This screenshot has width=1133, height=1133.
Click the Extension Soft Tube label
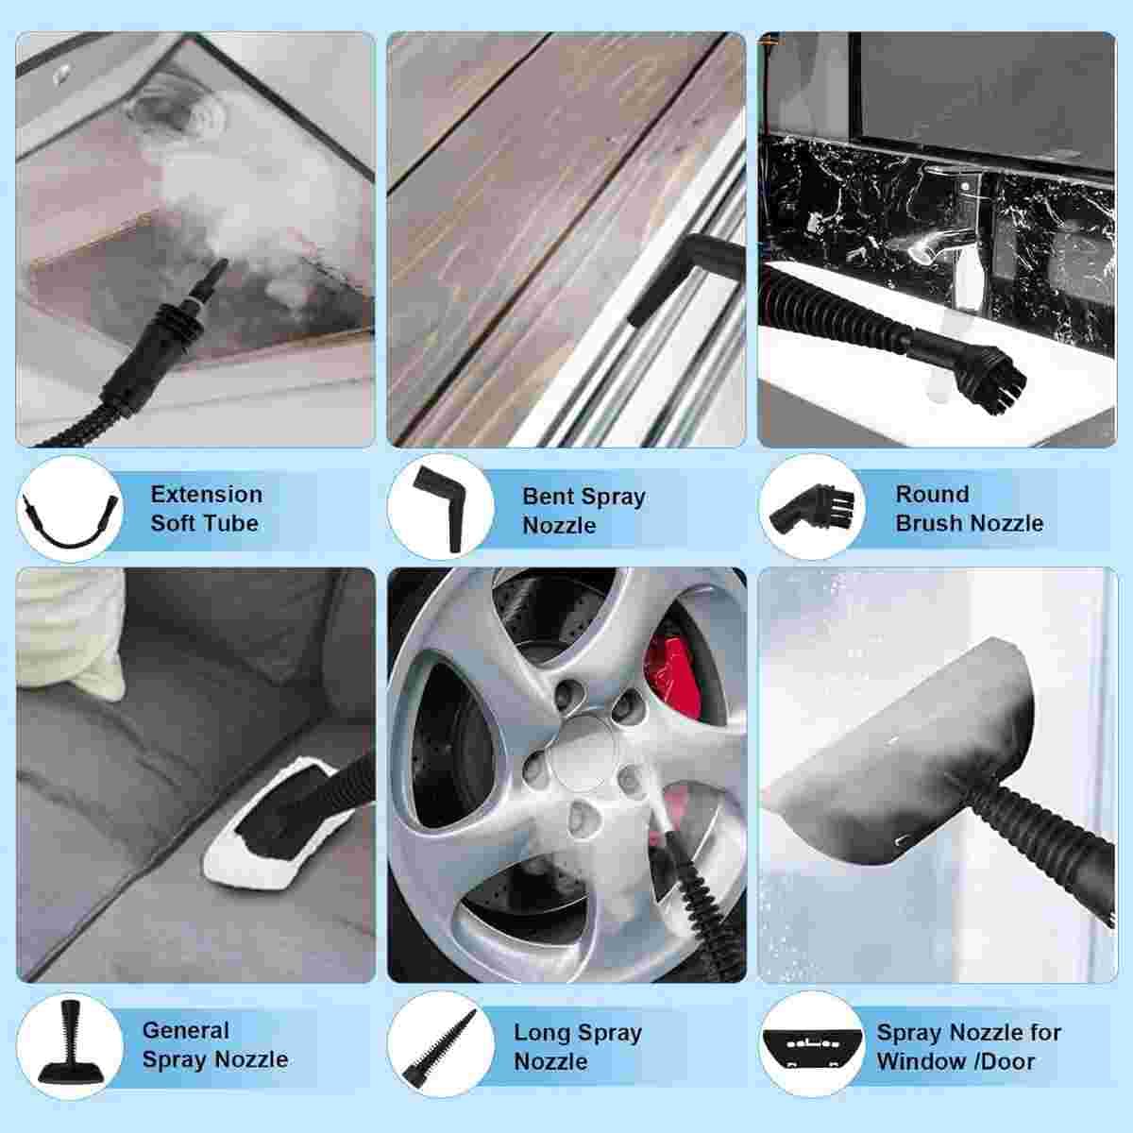point(207,509)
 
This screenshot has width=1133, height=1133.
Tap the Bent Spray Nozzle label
point(583,511)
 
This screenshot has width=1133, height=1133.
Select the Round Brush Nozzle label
point(969,509)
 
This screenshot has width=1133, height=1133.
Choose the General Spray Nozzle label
point(215,1045)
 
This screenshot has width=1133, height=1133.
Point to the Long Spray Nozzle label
point(578,1046)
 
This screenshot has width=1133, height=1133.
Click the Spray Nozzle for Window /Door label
point(969,1046)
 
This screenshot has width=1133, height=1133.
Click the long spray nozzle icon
point(440,1049)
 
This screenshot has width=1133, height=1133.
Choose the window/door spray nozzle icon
point(812,1047)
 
